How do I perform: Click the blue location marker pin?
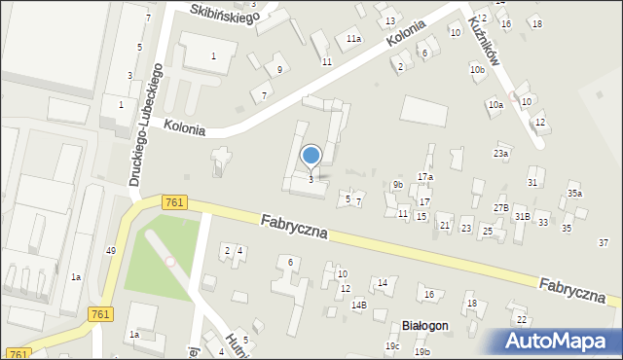tap(311, 157)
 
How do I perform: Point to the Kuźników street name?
tap(484, 40)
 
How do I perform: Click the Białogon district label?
tap(424, 326)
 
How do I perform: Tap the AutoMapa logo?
tap(557, 341)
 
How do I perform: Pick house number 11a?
tap(353, 39)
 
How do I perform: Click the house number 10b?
tap(476, 70)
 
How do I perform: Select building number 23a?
tap(500, 154)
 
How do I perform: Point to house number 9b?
tap(397, 185)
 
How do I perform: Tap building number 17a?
tap(424, 176)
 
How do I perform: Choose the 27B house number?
tap(500, 208)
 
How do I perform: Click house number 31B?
tap(522, 216)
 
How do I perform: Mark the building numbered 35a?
tap(574, 194)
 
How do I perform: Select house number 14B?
tap(358, 305)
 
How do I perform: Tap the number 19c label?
tap(391, 346)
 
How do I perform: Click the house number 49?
tap(111, 251)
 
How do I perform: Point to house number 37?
tap(604, 242)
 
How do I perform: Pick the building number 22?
tap(521, 319)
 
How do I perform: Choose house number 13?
tap(390, 21)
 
